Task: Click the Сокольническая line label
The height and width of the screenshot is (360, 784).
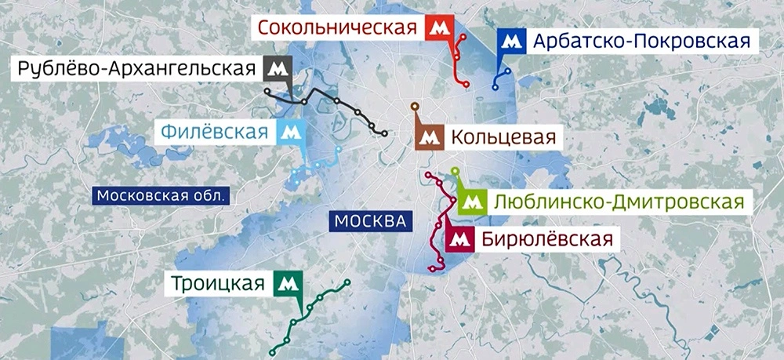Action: [x=337, y=29]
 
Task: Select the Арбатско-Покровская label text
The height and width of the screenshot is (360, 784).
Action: [x=641, y=41]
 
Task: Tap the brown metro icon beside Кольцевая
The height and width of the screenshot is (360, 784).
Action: [x=428, y=138]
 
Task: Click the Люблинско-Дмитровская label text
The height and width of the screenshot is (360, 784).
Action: [x=618, y=202]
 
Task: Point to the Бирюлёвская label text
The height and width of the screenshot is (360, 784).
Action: [x=542, y=238]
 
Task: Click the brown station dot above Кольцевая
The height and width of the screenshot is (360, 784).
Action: [x=415, y=106]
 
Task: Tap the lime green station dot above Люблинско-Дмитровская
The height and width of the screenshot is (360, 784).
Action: [x=456, y=171]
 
